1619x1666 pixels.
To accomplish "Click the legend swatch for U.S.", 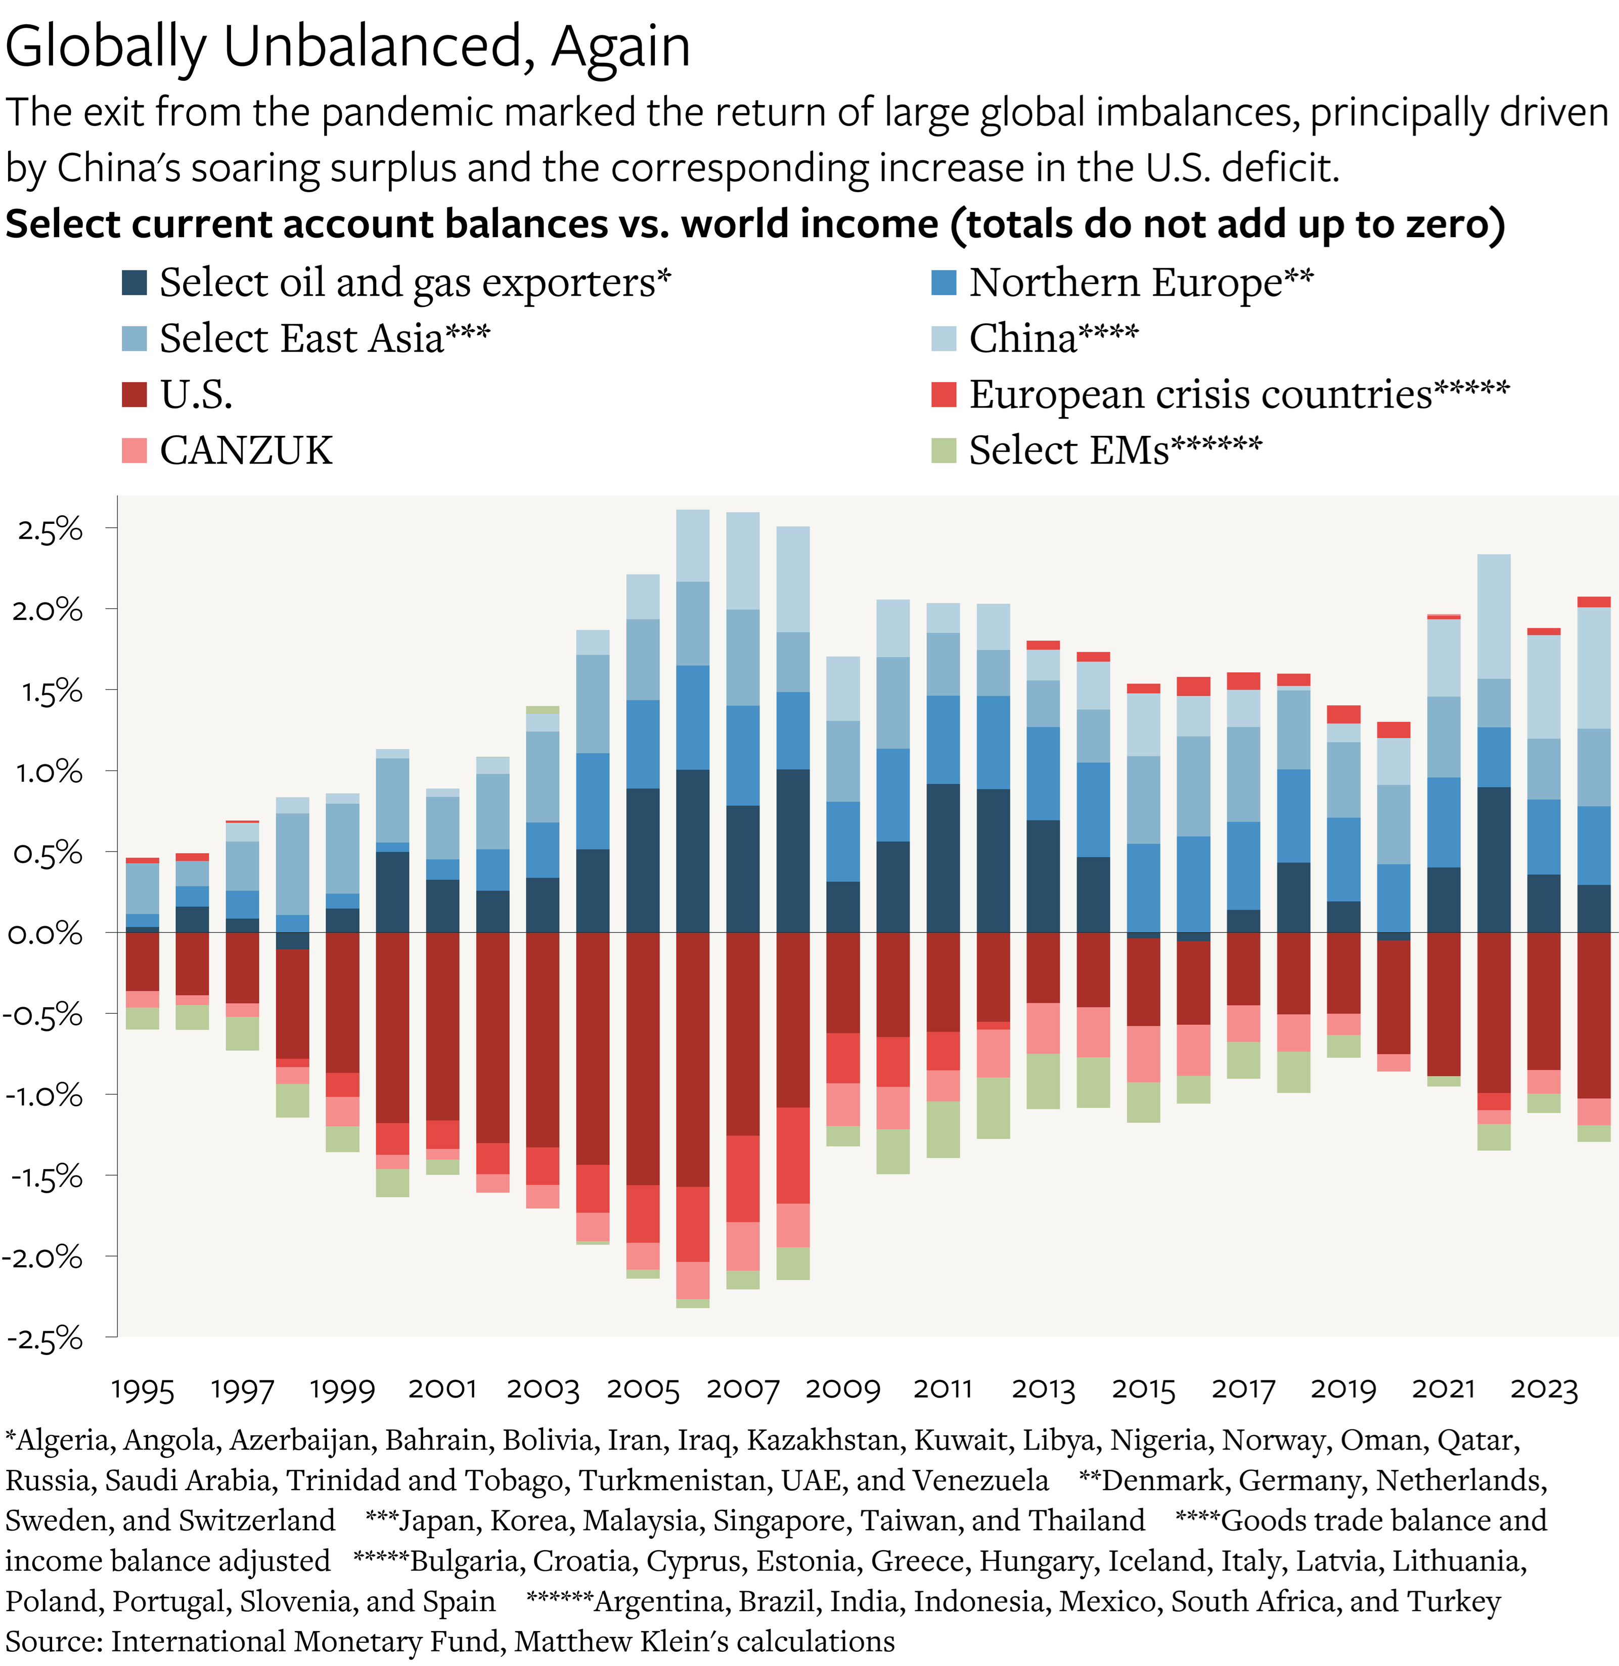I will tap(134, 394).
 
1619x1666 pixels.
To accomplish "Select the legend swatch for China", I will tap(944, 338).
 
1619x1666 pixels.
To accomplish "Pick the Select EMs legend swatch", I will tap(944, 451).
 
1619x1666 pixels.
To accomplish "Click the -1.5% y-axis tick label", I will tap(47, 1177).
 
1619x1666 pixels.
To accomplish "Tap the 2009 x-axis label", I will tap(843, 1389).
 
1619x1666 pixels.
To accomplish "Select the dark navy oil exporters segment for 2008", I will tap(792, 850).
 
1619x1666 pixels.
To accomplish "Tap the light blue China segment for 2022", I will tap(1494, 616).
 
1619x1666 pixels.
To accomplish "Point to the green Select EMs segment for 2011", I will tap(943, 1130).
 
